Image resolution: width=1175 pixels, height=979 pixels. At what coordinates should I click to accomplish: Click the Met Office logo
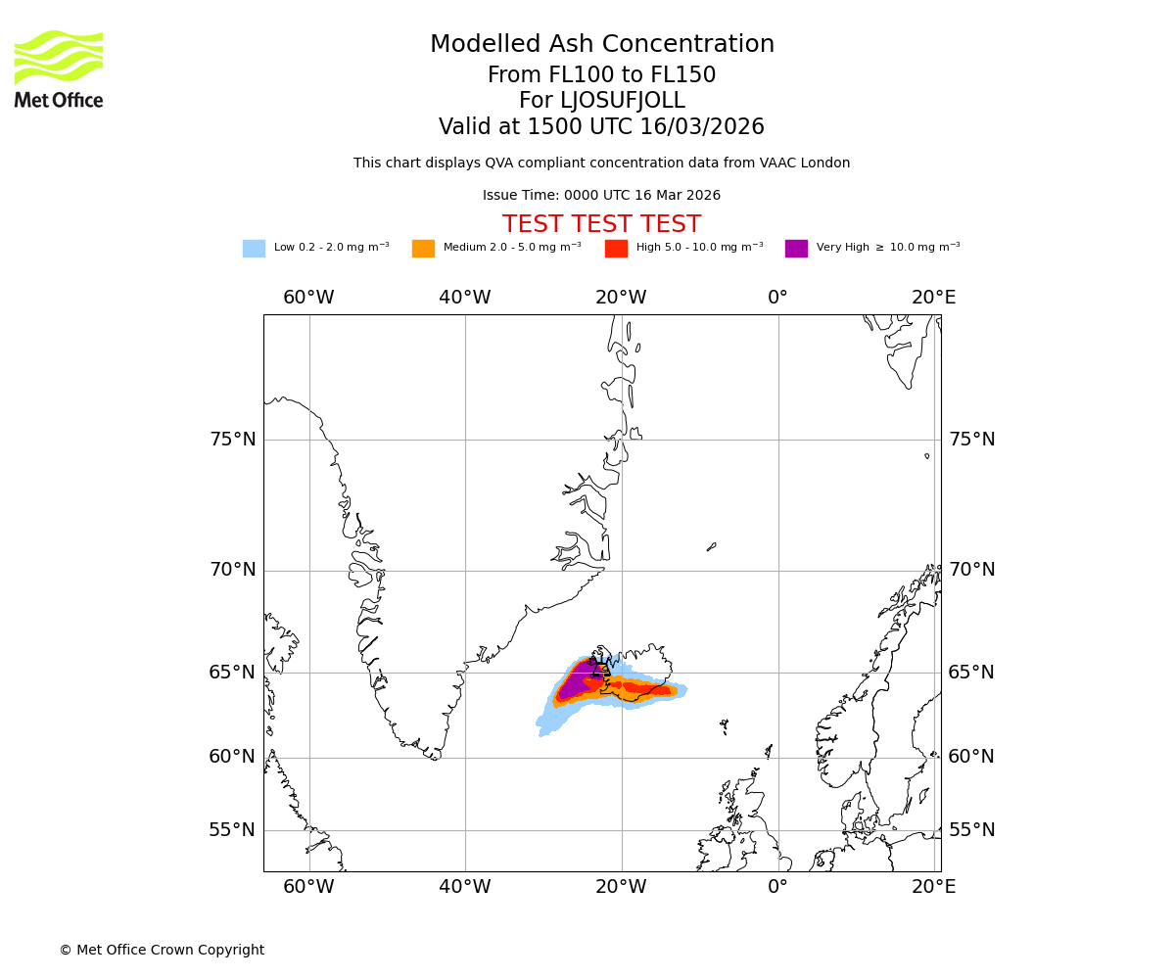[59, 69]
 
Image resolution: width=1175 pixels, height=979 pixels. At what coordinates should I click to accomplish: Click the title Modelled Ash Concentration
[601, 45]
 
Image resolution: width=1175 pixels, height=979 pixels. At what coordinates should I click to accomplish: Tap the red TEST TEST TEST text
[601, 225]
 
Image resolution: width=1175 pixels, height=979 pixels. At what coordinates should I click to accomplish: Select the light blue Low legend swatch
[254, 249]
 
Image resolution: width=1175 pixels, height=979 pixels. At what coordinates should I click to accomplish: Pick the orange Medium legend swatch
[423, 249]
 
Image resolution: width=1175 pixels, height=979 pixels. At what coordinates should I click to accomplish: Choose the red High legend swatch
[616, 249]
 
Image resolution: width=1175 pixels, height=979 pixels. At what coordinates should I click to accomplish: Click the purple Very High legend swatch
[796, 249]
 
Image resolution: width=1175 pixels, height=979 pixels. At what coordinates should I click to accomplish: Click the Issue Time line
[601, 196]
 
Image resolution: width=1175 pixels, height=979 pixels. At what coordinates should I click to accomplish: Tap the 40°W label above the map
[465, 298]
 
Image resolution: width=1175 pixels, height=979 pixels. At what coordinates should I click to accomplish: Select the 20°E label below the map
[934, 887]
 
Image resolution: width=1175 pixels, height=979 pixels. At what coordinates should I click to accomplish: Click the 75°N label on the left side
[233, 440]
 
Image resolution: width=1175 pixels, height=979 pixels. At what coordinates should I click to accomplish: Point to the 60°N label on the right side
[970, 757]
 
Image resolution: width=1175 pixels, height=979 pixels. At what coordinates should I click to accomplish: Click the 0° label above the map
[777, 298]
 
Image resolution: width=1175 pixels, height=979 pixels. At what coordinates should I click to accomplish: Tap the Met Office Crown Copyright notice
[162, 951]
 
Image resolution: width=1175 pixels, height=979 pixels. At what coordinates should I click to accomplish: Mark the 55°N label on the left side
[233, 830]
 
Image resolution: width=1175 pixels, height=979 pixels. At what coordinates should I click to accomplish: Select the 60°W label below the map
[308, 887]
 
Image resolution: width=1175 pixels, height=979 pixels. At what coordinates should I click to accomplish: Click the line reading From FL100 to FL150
[601, 75]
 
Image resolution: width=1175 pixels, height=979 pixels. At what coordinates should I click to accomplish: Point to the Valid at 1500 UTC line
[601, 127]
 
